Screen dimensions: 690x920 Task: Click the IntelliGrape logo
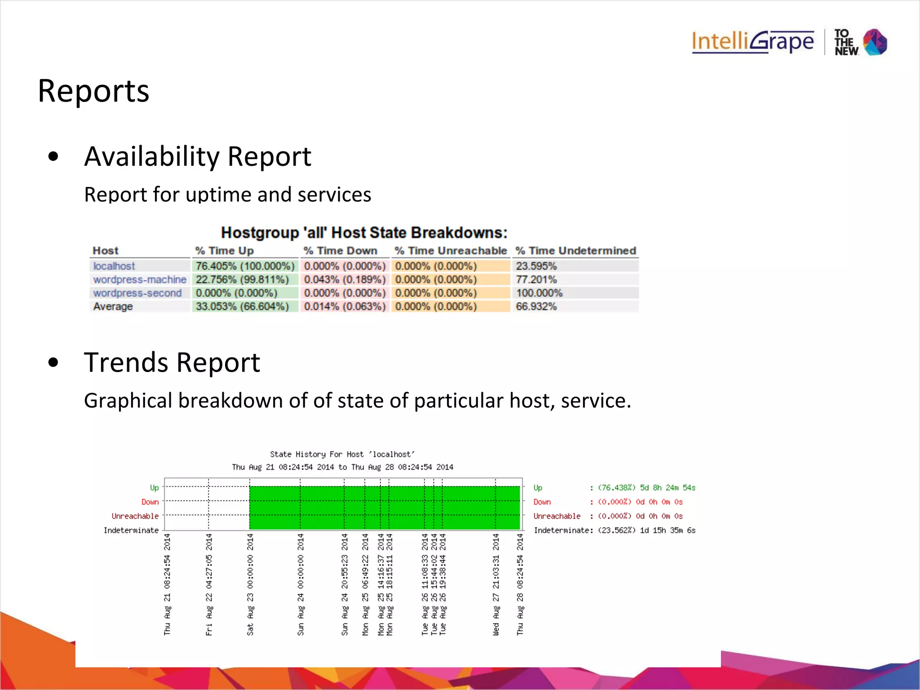[752, 42]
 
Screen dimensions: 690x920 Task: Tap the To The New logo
[860, 42]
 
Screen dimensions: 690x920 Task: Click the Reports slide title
[93, 91]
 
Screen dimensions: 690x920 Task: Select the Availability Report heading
[198, 156]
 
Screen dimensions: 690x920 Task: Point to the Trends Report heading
[172, 363]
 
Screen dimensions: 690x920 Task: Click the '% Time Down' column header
[340, 251]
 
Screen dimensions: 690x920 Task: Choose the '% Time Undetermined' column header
[575, 251]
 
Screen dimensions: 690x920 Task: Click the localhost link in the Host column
[114, 266]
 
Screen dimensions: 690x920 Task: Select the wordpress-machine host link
[140, 279]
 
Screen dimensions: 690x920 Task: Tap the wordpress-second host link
[137, 293]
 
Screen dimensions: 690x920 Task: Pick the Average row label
[113, 306]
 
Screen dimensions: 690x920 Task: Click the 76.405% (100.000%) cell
[245, 266]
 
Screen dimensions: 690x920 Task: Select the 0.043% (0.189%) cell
[345, 279]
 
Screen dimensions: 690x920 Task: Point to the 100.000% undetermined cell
[539, 293]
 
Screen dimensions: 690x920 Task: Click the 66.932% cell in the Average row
[536, 306]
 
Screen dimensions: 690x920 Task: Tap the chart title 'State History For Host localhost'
[342, 454]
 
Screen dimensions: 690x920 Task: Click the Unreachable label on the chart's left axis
[135, 516]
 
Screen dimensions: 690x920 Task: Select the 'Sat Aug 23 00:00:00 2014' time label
[250, 584]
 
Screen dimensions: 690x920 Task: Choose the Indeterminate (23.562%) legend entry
[615, 531]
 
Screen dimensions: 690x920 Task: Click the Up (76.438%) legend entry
[615, 488]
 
